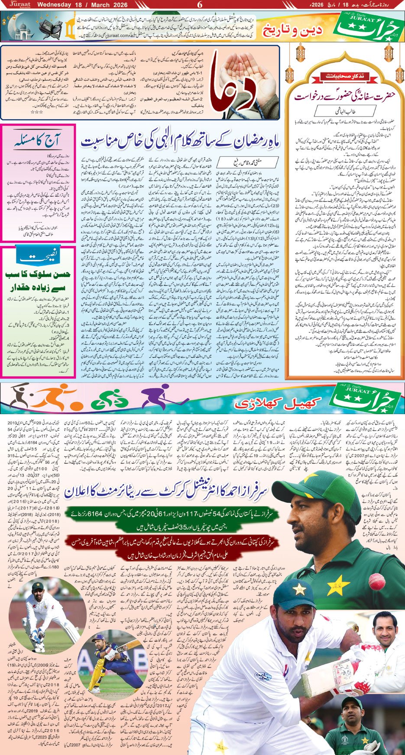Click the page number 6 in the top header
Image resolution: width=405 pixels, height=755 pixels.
(200, 5)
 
